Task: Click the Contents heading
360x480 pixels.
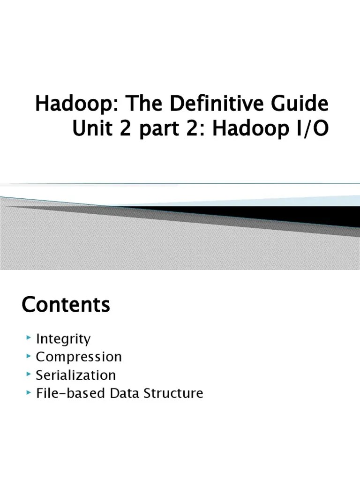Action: point(66,305)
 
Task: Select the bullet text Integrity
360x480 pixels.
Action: point(63,339)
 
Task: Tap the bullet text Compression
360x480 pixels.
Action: point(79,357)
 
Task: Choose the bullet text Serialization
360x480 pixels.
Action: point(75,375)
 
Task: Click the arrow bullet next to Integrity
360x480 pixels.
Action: point(29,337)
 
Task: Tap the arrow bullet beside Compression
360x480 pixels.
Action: point(29,356)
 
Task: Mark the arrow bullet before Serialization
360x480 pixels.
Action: point(29,374)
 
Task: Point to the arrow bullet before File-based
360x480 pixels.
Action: point(29,392)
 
